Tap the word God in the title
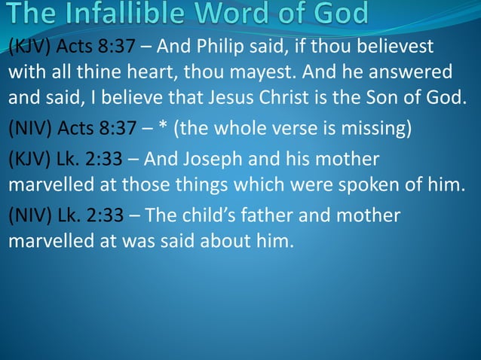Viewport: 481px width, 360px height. (x=337, y=14)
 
